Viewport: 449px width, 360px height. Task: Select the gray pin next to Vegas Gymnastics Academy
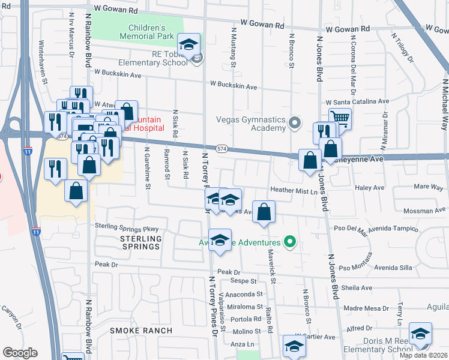click(x=294, y=124)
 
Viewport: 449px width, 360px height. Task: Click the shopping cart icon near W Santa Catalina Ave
click(x=340, y=118)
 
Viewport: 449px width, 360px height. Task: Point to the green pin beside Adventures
click(x=291, y=242)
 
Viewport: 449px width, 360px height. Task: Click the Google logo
click(x=20, y=353)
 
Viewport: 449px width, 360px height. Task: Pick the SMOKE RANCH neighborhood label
click(x=141, y=331)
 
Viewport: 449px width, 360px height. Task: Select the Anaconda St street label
click(x=243, y=294)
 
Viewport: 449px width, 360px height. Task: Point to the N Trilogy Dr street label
click(x=402, y=48)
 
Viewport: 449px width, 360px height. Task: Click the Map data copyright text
click(x=423, y=355)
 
